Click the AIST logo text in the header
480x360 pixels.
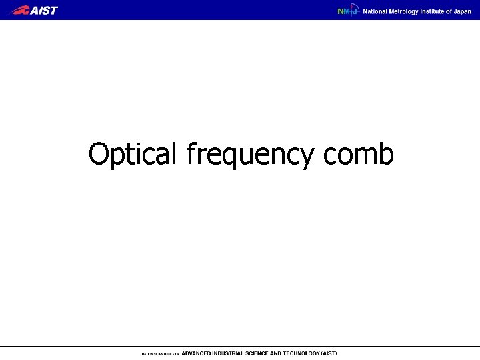[44, 10]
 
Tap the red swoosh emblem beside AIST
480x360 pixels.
[20, 10]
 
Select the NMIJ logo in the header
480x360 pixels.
[347, 11]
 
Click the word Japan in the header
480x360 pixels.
[463, 11]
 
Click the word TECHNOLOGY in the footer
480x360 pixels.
[303, 353]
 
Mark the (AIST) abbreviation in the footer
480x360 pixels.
[330, 353]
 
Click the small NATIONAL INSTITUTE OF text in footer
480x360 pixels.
[160, 353]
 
